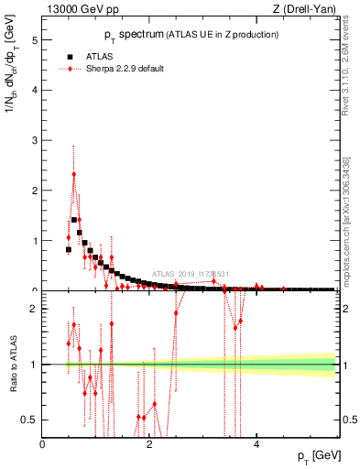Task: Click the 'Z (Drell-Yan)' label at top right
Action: (304, 10)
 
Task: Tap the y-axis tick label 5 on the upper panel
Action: (34, 40)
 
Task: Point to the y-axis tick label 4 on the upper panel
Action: (34, 91)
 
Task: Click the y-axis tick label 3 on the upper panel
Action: (34, 141)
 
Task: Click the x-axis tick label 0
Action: (42, 444)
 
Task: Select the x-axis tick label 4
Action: (256, 444)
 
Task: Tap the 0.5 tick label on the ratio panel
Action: (29, 420)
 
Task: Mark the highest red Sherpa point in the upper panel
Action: (74, 174)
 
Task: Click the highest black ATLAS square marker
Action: (74, 220)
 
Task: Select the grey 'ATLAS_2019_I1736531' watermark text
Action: (191, 273)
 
